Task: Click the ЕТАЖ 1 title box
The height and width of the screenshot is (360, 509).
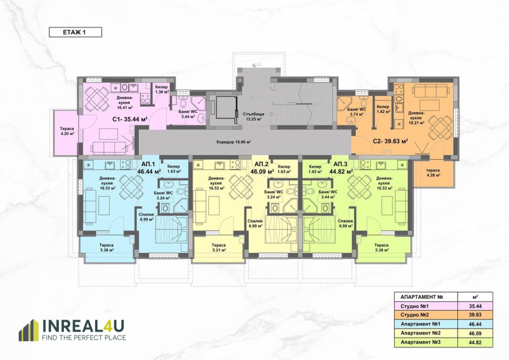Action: click(x=75, y=32)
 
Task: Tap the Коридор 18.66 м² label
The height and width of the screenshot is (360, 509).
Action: click(x=234, y=142)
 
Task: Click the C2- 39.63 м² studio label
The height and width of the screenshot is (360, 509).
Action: click(x=390, y=141)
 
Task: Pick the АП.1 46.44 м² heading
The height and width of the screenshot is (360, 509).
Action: click(x=149, y=167)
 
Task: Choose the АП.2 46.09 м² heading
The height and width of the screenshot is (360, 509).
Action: click(x=262, y=167)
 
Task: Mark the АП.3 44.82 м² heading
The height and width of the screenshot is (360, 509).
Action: click(x=341, y=167)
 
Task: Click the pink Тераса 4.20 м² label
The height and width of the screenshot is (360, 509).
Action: click(x=67, y=131)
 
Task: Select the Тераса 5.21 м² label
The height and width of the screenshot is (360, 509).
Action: click(x=219, y=247)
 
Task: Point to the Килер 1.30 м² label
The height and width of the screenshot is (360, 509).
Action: click(x=161, y=89)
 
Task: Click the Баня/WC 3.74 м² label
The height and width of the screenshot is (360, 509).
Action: click(x=356, y=112)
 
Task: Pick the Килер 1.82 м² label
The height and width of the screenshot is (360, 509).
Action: click(x=384, y=109)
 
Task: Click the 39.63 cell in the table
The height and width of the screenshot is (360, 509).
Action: click(x=475, y=315)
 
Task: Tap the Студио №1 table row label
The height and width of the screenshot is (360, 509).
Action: click(x=415, y=306)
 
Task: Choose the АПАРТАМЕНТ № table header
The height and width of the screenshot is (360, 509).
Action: click(x=422, y=297)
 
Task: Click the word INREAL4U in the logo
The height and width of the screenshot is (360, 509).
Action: click(x=84, y=326)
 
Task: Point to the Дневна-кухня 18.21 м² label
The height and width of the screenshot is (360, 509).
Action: click(x=416, y=118)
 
